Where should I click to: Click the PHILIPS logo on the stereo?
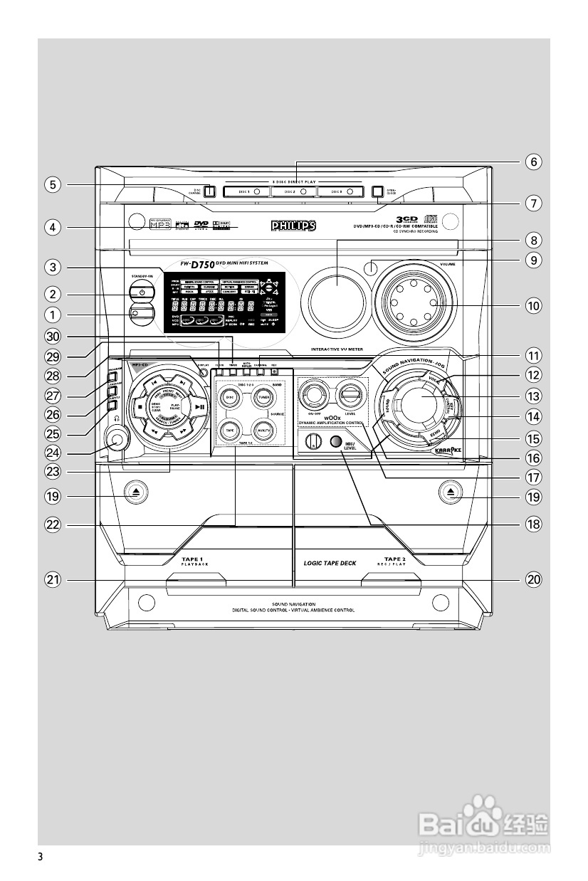tap(293, 226)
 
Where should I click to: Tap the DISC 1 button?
tap(246, 191)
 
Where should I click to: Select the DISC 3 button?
tap(341, 191)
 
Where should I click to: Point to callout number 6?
tap(533, 162)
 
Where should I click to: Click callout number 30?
tap(52, 336)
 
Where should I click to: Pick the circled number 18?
tap(533, 524)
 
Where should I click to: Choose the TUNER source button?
tap(263, 396)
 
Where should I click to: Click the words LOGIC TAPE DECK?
tap(330, 562)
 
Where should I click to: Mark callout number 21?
tap(52, 580)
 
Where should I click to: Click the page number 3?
tap(41, 855)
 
